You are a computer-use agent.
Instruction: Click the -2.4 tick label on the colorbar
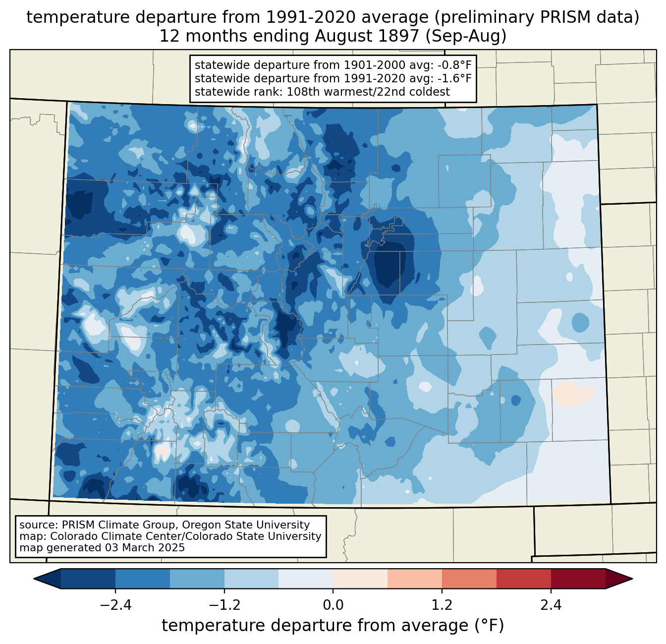pos(115,605)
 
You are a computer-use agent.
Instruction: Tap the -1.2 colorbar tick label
pos(224,605)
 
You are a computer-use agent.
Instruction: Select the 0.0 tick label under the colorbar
pos(333,605)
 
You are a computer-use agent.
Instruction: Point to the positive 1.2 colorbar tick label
pos(442,605)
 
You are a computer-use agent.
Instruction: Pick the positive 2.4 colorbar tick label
pos(551,605)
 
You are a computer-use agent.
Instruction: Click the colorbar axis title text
pos(333,626)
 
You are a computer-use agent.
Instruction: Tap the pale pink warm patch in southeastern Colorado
pos(572,393)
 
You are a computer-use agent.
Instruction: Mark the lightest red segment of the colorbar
pos(360,579)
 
